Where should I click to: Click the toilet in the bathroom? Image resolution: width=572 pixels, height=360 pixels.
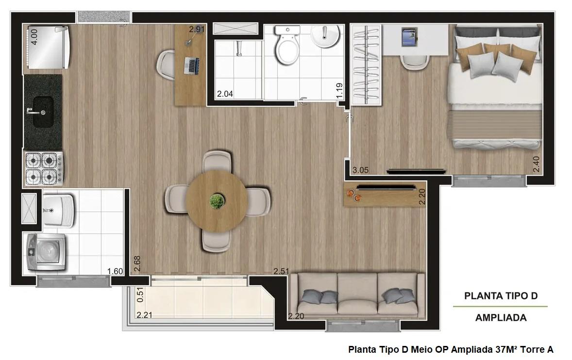pyautogui.click(x=287, y=45)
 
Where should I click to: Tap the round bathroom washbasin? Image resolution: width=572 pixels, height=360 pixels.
pyautogui.click(x=325, y=36)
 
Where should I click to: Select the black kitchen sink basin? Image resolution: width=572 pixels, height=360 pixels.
pyautogui.click(x=43, y=112)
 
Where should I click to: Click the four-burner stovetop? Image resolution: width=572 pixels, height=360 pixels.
pyautogui.click(x=44, y=168)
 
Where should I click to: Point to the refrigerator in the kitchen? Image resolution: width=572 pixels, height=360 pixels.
pyautogui.click(x=47, y=47)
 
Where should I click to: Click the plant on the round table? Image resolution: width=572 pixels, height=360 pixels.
pyautogui.click(x=217, y=201)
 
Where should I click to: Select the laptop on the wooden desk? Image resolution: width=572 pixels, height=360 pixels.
pyautogui.click(x=191, y=65)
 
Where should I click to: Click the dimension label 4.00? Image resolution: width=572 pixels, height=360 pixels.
pyautogui.click(x=34, y=37)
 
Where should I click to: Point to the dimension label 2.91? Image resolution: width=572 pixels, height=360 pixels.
pyautogui.click(x=197, y=30)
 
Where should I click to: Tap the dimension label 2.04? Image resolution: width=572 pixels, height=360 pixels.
pyautogui.click(x=225, y=94)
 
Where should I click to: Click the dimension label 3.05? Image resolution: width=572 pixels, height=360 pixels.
pyautogui.click(x=360, y=170)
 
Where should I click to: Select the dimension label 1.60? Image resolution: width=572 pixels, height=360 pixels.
pyautogui.click(x=115, y=271)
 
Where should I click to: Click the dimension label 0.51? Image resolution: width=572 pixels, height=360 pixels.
pyautogui.click(x=140, y=295)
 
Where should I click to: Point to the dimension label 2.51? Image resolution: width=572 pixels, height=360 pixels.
pyautogui.click(x=281, y=271)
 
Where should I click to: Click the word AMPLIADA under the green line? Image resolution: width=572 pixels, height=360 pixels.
pyautogui.click(x=501, y=318)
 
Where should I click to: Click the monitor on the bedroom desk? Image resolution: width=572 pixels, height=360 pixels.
pyautogui.click(x=410, y=37)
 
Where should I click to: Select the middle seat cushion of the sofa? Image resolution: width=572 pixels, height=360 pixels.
pyautogui.click(x=357, y=293)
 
